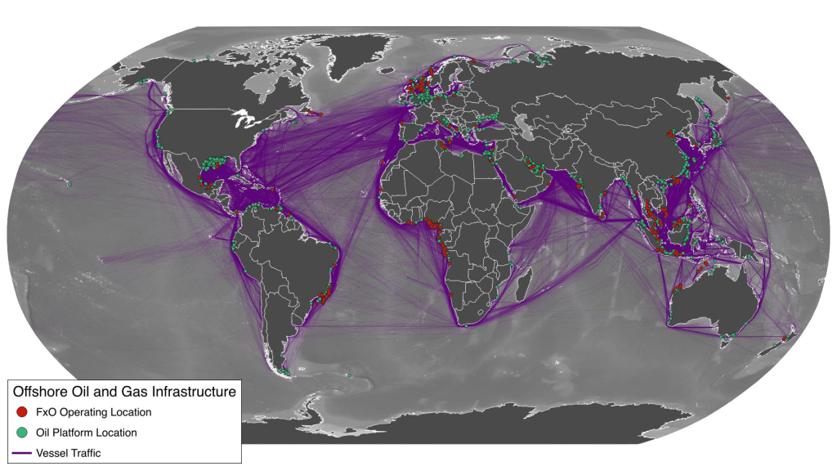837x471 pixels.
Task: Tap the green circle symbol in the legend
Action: click(22, 432)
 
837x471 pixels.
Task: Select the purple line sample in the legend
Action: click(22, 451)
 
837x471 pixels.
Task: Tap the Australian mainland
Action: click(711, 294)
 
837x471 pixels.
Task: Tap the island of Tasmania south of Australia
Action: click(723, 342)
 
